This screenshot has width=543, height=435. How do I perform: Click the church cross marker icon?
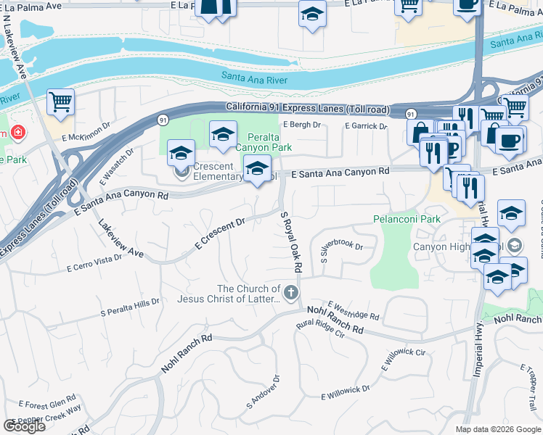[290, 293]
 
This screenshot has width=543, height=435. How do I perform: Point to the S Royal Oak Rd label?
[290, 241]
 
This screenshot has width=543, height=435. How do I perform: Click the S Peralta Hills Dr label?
[130, 307]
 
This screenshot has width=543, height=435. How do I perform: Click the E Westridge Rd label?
[354, 311]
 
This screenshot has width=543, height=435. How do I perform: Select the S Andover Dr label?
[263, 391]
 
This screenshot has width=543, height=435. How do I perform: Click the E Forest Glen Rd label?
[48, 402]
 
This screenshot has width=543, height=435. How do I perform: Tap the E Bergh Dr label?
[302, 125]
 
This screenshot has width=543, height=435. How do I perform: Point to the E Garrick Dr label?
[366, 126]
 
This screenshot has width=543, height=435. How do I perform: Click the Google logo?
[24, 426]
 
